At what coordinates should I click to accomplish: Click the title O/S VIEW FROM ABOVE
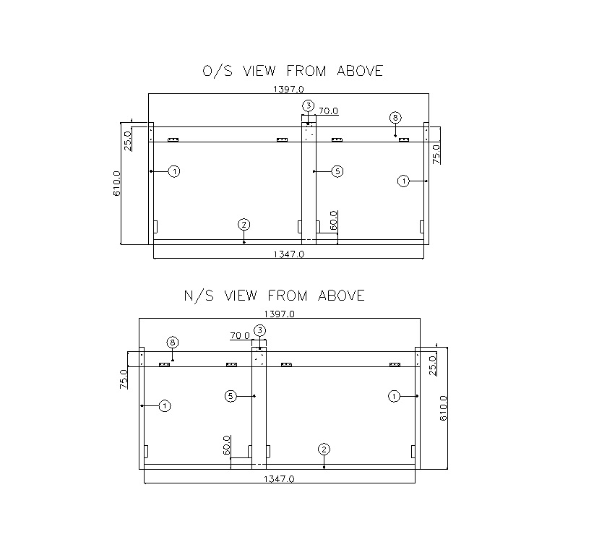pos(293,71)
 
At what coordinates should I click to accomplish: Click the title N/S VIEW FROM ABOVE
pos(275,296)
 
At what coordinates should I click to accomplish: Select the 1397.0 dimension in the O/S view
pos(288,90)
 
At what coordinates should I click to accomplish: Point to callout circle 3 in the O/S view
pos(309,106)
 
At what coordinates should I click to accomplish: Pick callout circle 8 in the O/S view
pos(395,117)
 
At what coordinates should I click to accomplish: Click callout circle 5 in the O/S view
pos(337,171)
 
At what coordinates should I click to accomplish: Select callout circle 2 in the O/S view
pos(244,225)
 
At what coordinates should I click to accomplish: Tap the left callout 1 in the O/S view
pos(174,171)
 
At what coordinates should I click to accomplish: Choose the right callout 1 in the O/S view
pos(404,181)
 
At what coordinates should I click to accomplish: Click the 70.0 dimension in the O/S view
pos(328,111)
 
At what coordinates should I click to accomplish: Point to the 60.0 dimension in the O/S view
pos(333,220)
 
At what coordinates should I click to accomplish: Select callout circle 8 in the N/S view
pos(173,342)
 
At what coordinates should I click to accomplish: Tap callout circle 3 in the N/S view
pos(260,331)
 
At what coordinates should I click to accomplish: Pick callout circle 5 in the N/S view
pos(231,396)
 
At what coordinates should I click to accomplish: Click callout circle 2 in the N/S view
pos(324,449)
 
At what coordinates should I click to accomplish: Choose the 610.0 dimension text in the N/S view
pos(443,408)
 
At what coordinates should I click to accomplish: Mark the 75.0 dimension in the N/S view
pos(124,378)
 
